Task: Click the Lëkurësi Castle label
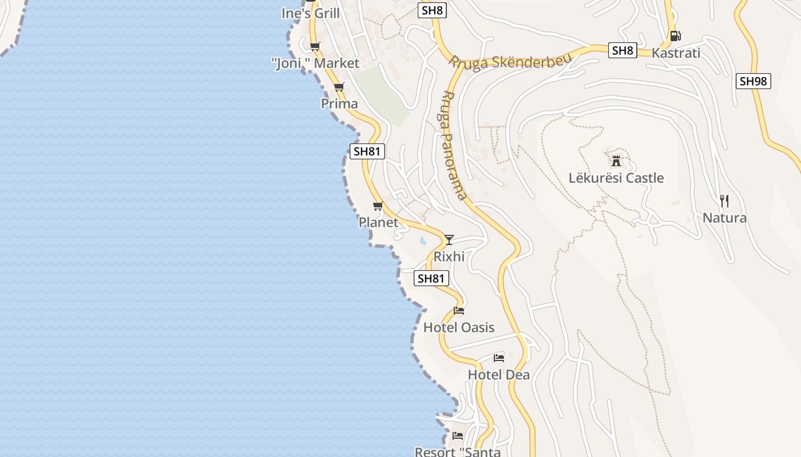click(616, 178)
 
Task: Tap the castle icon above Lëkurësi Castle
click(616, 161)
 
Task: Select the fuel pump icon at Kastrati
click(675, 35)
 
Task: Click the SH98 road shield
click(753, 81)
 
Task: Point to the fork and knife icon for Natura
click(724, 201)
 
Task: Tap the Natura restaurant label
click(724, 218)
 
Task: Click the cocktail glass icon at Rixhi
click(449, 239)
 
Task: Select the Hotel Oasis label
click(459, 327)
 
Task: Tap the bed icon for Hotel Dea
click(499, 358)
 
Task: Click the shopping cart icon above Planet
click(378, 206)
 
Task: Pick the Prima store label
click(339, 104)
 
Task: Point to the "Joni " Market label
click(315, 63)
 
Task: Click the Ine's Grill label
click(311, 13)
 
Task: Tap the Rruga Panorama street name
click(453, 145)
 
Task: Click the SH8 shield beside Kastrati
click(622, 50)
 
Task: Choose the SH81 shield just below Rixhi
click(431, 278)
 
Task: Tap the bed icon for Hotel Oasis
click(459, 311)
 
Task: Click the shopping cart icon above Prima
click(339, 87)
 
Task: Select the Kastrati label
click(676, 53)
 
